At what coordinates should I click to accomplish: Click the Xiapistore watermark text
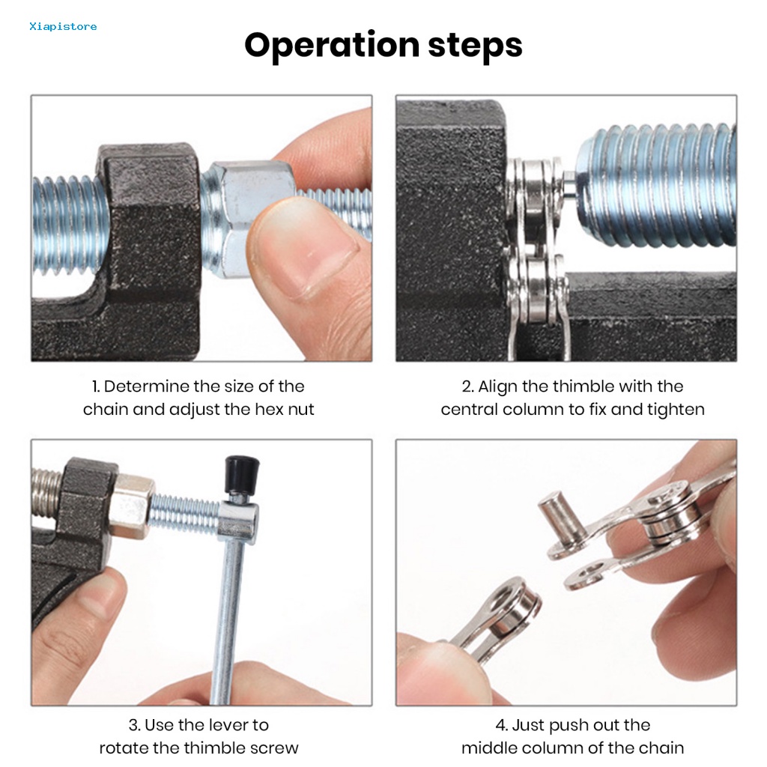pos(63,26)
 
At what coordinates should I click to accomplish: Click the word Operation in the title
pos(332,46)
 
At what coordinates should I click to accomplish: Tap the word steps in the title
pos(475,46)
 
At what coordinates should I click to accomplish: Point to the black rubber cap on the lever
pos(242,474)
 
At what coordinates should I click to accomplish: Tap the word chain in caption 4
pos(662,748)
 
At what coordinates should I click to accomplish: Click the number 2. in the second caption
pos(467,386)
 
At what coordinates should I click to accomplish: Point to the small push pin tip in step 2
pos(569,184)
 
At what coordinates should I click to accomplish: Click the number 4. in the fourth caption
pos(502,725)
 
